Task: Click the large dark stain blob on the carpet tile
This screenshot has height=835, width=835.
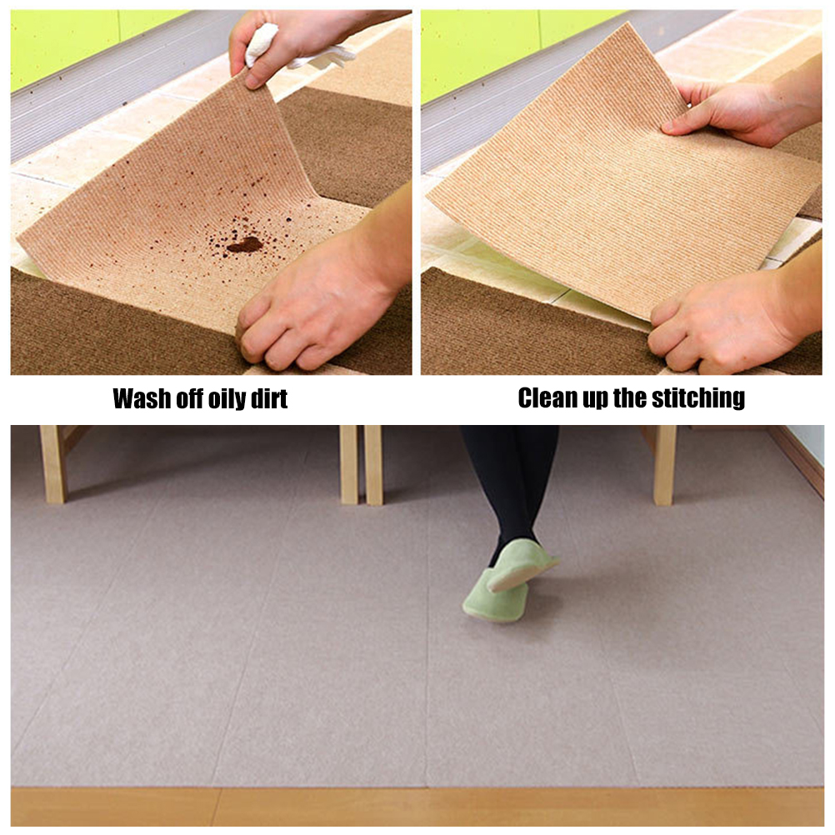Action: point(244,245)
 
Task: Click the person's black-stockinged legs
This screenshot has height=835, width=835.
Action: point(510,485)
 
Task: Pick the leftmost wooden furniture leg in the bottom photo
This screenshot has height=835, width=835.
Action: point(52,464)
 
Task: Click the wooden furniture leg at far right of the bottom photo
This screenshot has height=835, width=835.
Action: point(664,464)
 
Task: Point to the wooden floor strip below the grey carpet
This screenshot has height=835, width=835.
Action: point(417,806)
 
